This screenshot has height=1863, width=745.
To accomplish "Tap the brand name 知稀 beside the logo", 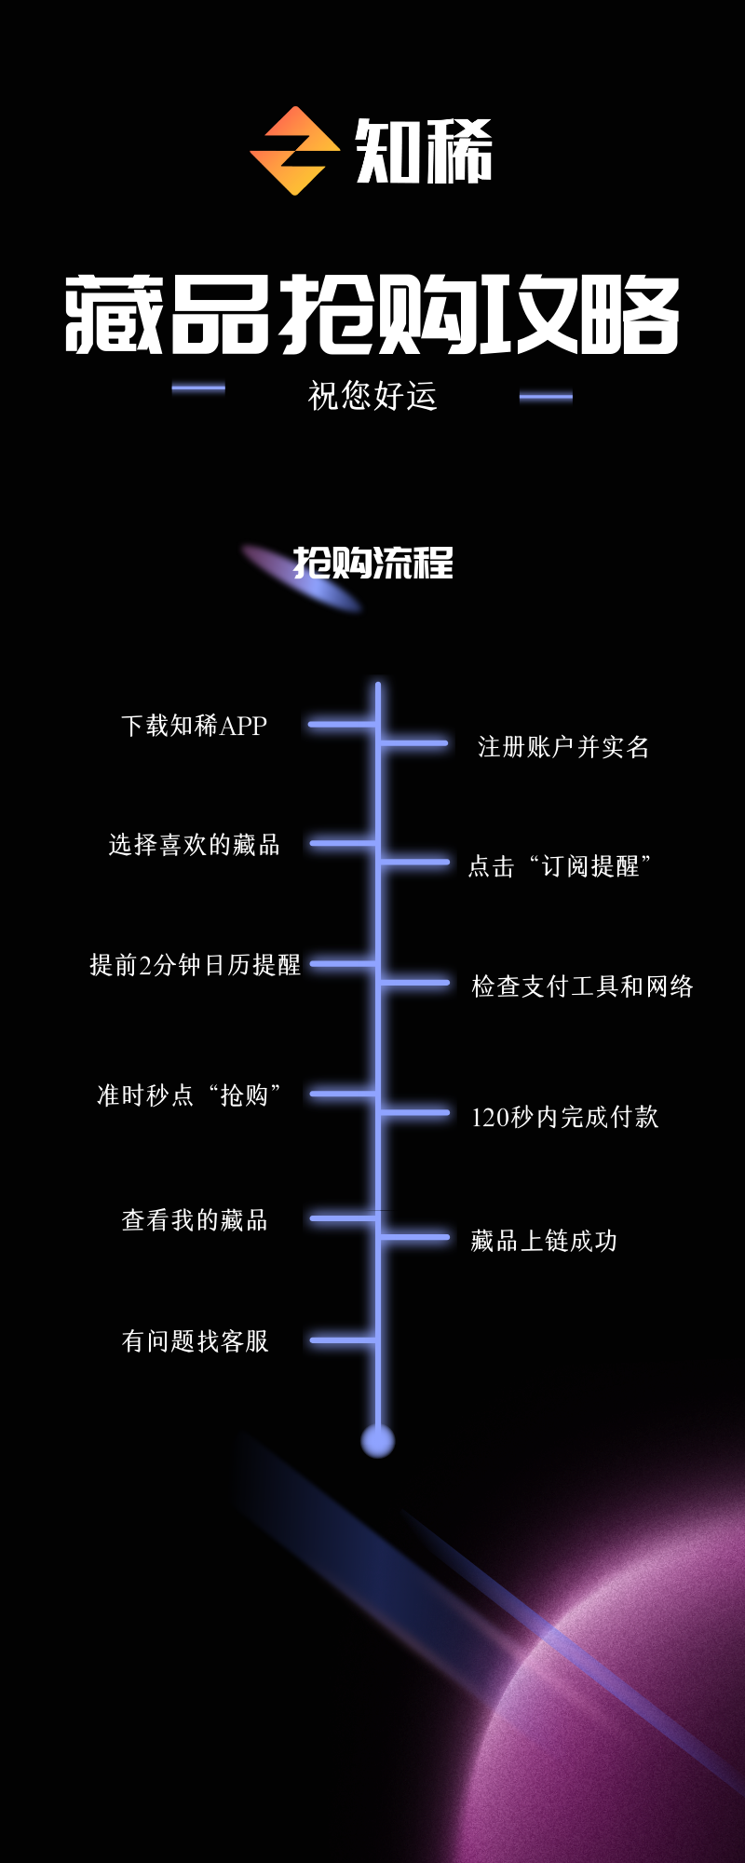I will coord(424,152).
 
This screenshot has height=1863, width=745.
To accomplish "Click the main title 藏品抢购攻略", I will coord(372,315).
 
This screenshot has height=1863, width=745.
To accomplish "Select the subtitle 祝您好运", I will coord(372,396).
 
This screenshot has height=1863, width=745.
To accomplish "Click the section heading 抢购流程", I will coord(373,564).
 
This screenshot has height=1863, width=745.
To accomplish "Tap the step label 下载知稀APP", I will coord(195,726).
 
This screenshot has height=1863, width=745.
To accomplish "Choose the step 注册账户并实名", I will coord(563,747).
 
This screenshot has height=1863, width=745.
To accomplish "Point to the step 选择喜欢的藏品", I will coord(195,845).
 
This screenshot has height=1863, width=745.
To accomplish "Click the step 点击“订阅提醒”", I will coord(560,866).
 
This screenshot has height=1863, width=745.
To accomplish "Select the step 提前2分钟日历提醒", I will coord(195,965).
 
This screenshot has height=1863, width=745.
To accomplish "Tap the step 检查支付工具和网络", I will coord(582,986).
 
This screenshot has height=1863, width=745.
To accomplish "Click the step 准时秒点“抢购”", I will coord(190,1095).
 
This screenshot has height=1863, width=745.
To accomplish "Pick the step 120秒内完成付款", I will coord(564,1117).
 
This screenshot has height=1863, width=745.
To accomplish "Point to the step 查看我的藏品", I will coord(195,1220).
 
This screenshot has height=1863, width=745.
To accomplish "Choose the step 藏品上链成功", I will coord(544,1241).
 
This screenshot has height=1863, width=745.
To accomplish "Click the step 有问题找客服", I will coord(195,1341).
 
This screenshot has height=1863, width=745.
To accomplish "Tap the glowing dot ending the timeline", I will coord(378,1440).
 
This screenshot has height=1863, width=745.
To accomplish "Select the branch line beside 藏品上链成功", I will coord(414,1237).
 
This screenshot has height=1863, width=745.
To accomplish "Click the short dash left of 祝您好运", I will coord(198,388).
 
